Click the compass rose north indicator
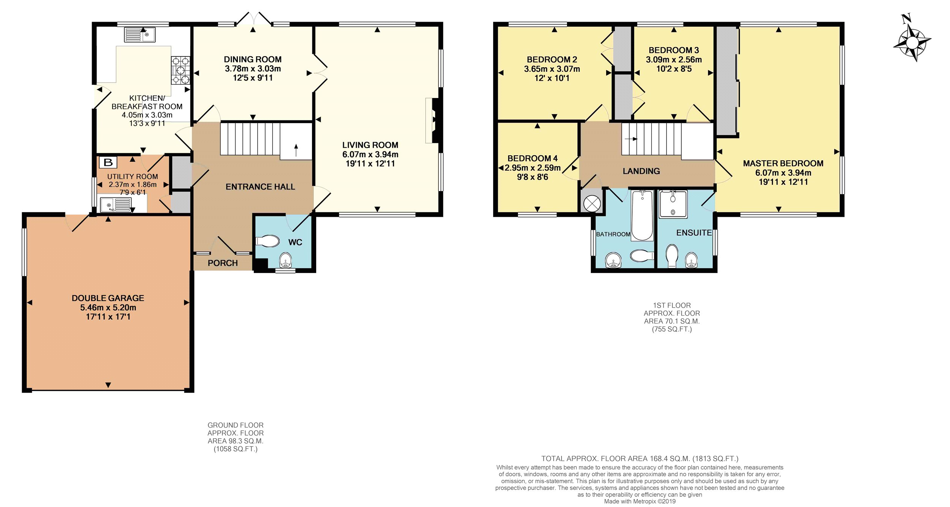(912, 40)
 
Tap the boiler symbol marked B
(108, 163)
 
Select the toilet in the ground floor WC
(268, 241)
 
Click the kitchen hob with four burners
(180, 70)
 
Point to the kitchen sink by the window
(140, 35)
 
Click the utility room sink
(116, 205)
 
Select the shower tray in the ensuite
(673, 204)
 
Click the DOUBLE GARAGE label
(108, 298)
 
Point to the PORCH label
(223, 263)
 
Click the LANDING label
(641, 171)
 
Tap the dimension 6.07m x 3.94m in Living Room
(370, 154)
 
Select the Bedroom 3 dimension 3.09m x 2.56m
(674, 60)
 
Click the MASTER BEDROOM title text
(783, 163)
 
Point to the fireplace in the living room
(434, 120)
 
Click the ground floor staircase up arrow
(296, 150)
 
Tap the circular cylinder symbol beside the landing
(592, 204)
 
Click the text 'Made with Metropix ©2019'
(640, 501)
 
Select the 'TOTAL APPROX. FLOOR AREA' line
(640, 458)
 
